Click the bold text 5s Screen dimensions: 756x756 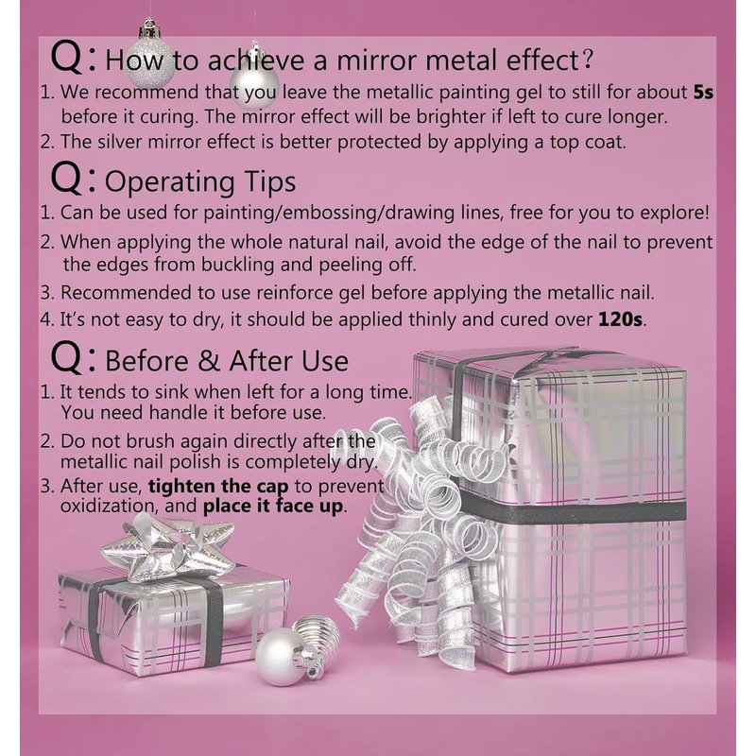coord(703,92)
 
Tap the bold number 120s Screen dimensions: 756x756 coord(620,319)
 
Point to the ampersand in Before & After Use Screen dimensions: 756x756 coord(208,361)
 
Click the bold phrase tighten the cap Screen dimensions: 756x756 coord(218,486)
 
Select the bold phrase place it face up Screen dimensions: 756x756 coord(273,507)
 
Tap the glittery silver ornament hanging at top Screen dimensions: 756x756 coord(150,58)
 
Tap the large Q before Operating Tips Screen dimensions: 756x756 coord(66,178)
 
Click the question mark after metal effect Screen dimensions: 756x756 coord(587,60)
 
